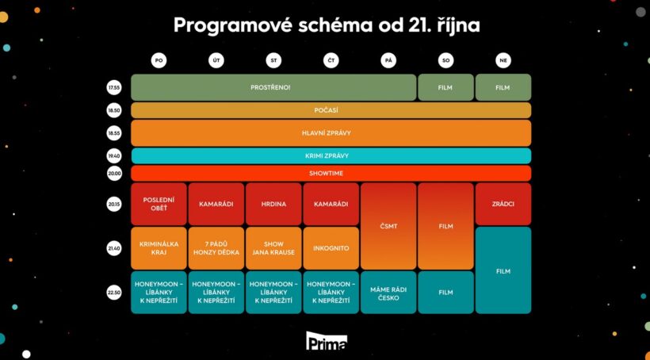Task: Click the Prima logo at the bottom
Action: (x=327, y=341)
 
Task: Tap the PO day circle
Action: (x=159, y=61)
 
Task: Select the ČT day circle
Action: (x=331, y=61)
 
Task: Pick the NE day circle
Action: (x=503, y=61)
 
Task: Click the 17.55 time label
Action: (x=114, y=87)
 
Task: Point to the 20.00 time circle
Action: (x=114, y=174)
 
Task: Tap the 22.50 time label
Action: (x=114, y=293)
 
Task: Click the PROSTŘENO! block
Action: (x=273, y=87)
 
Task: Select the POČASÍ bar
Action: (x=331, y=110)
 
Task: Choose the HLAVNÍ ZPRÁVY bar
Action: (x=331, y=133)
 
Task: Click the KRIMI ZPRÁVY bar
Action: (x=331, y=156)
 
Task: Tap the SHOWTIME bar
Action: (x=331, y=174)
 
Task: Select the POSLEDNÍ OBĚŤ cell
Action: (x=159, y=204)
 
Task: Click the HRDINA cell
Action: (x=273, y=204)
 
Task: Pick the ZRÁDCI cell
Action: (x=503, y=204)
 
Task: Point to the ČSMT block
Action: (x=388, y=226)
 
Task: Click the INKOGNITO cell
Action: (x=331, y=248)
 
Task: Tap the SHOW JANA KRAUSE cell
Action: (x=273, y=248)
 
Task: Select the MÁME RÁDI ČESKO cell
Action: (x=388, y=293)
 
